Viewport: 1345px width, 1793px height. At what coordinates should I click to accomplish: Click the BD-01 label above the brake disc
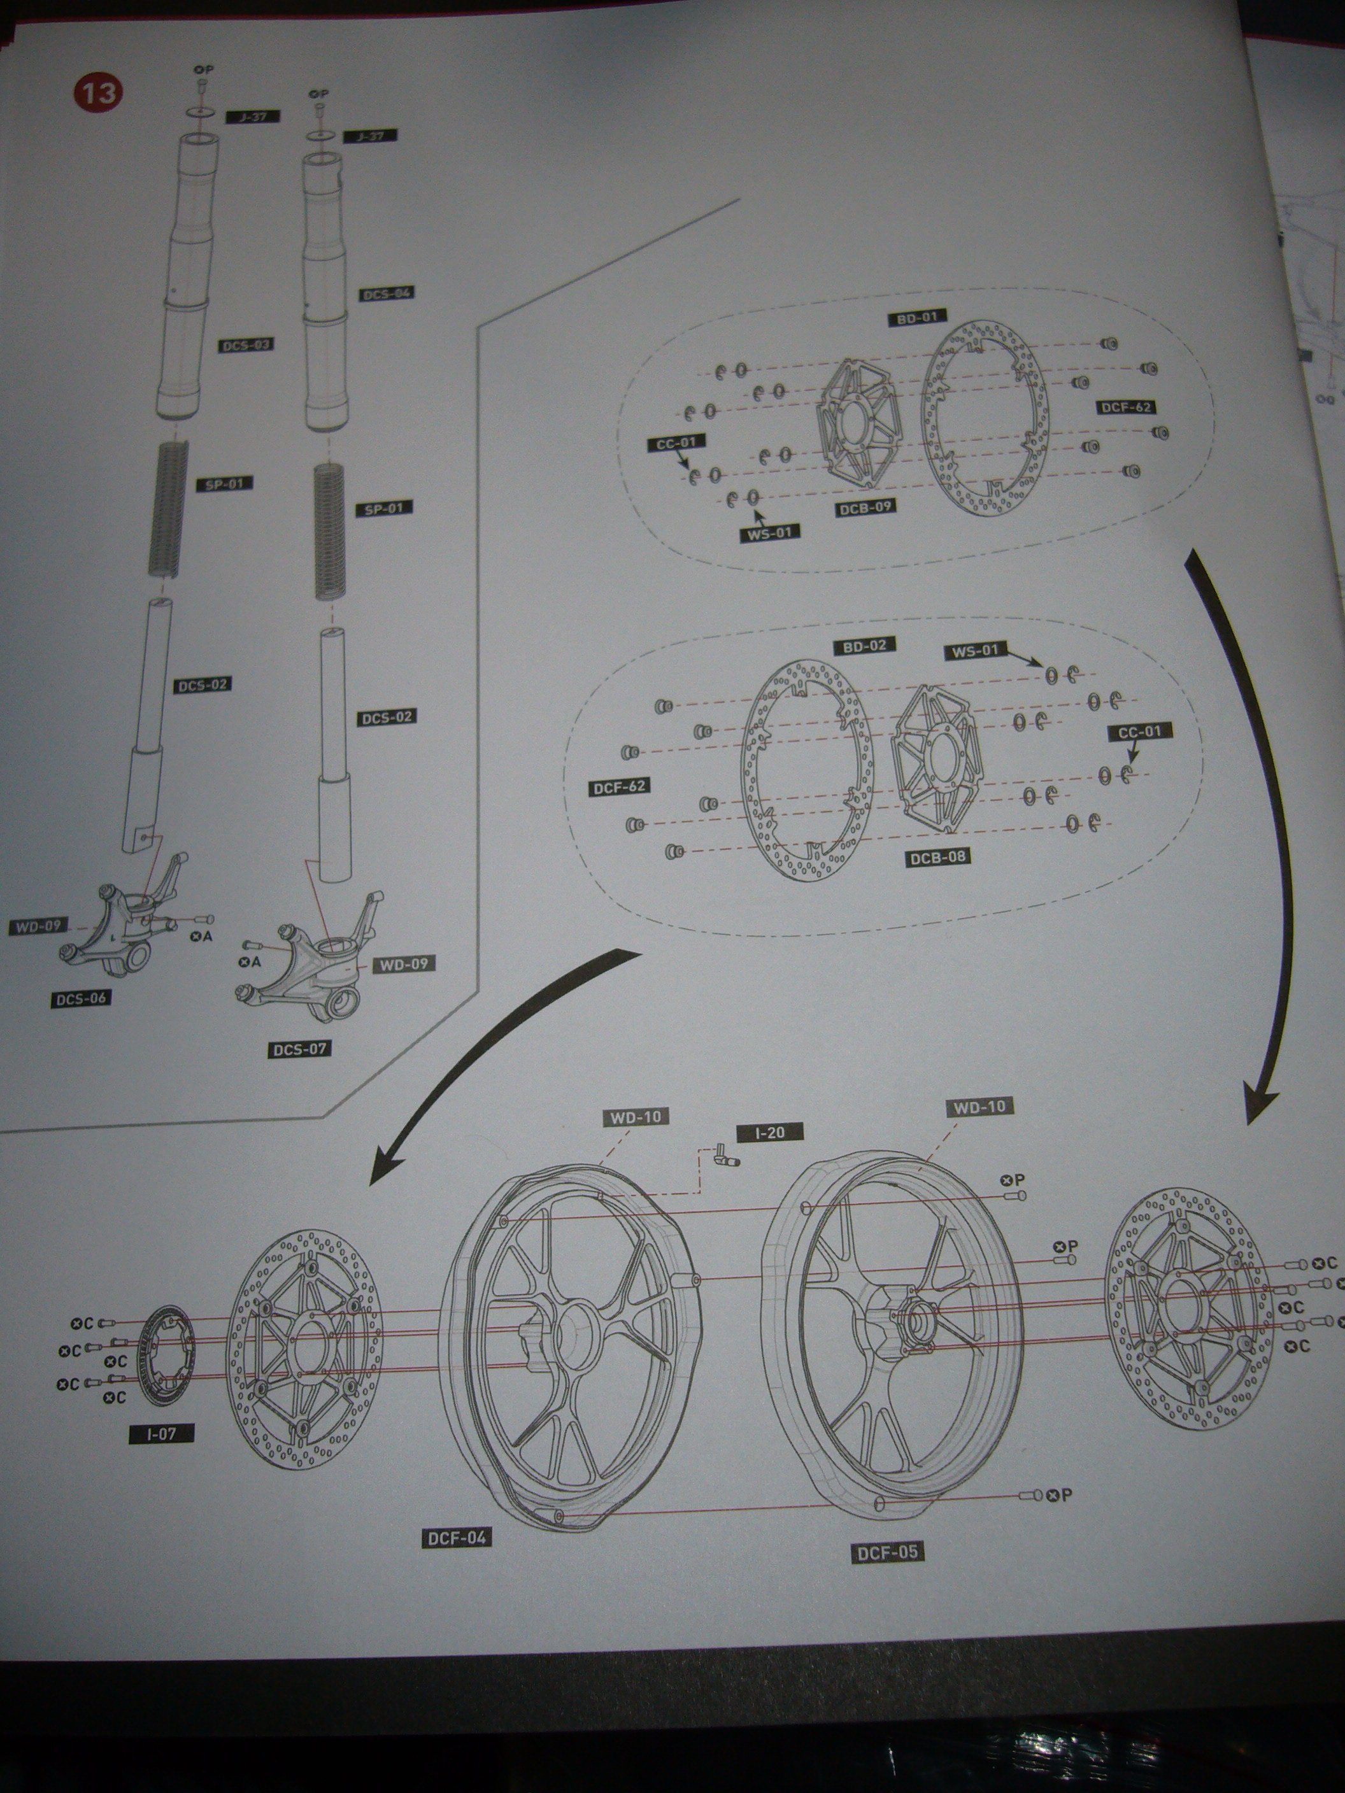[917, 318]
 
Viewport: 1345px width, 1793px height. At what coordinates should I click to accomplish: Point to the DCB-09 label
[866, 507]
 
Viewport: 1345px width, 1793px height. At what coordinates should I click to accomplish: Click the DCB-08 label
[938, 856]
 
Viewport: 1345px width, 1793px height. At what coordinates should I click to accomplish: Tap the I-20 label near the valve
[769, 1132]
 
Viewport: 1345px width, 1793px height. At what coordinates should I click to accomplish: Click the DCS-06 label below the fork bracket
[81, 998]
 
